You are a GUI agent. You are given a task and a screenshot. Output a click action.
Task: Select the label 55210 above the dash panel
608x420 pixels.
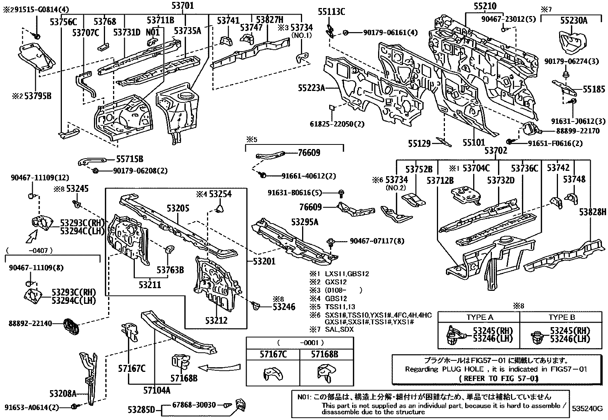point(485,6)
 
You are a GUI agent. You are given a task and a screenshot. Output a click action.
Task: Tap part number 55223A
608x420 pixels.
point(311,89)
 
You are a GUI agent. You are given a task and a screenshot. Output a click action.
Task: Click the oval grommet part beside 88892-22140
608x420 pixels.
point(71,325)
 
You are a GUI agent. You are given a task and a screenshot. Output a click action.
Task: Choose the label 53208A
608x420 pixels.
point(63,393)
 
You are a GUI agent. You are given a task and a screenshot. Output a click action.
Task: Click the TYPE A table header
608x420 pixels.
point(479,317)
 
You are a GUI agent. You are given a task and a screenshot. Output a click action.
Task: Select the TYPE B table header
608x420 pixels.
point(561,317)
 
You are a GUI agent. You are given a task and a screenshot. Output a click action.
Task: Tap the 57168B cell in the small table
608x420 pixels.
point(324,354)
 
